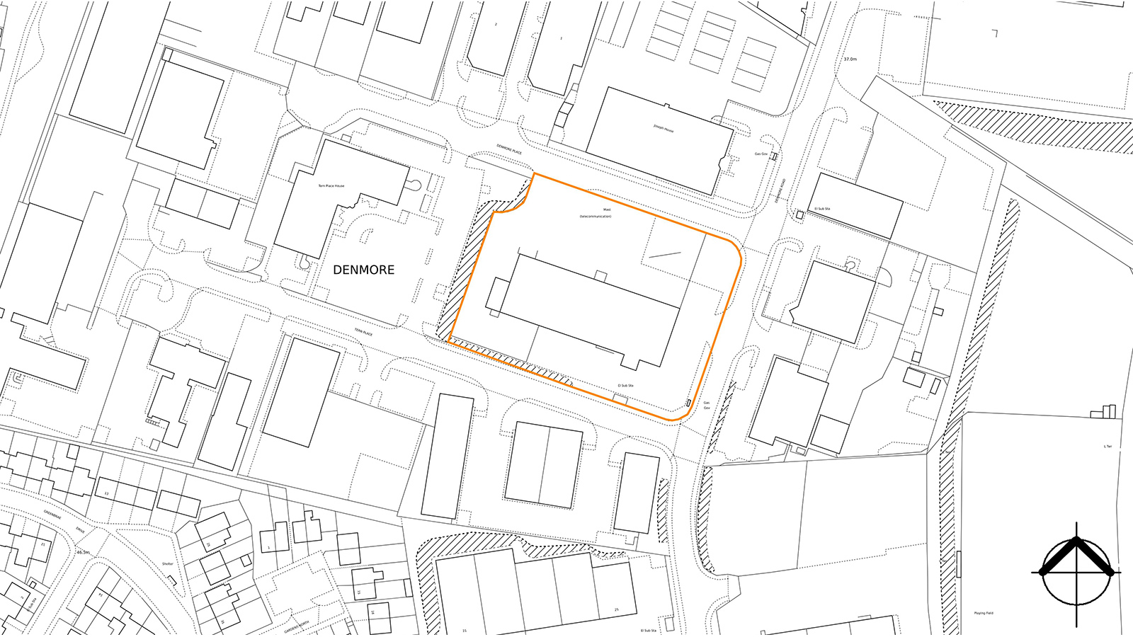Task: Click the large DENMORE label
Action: [x=363, y=270]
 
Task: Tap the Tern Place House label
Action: [x=331, y=186]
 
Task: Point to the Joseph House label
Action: [x=664, y=129]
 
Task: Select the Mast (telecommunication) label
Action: [x=596, y=212]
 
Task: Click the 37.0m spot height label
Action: [x=850, y=59]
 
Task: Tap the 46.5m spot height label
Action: [x=83, y=552]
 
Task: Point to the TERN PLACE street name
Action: [x=363, y=331]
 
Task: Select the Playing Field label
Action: [x=984, y=613]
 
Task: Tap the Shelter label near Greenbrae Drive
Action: [x=167, y=564]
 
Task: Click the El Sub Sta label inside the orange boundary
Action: [x=625, y=386]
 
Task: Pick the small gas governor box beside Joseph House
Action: [x=774, y=156]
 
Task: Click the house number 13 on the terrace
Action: [x=106, y=493]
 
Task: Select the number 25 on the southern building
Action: [x=616, y=610]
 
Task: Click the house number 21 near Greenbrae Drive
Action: [x=43, y=544]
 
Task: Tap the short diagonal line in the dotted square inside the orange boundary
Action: [x=664, y=255]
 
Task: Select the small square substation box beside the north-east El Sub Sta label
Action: [x=799, y=214]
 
